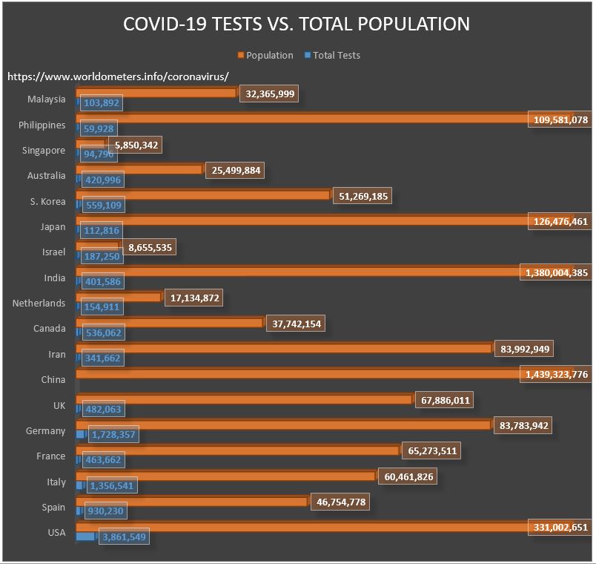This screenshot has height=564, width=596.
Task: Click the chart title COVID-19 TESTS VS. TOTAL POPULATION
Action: (x=297, y=24)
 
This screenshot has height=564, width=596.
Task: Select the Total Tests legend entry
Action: (x=337, y=55)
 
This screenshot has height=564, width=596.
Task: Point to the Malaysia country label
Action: (x=46, y=99)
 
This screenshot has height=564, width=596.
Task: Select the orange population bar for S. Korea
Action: (x=203, y=194)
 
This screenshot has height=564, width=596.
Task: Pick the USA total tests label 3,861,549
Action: (x=123, y=536)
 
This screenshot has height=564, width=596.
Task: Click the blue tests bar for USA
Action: (x=86, y=536)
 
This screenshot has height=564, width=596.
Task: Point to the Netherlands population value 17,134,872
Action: (x=191, y=298)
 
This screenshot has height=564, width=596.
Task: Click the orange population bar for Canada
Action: (x=170, y=323)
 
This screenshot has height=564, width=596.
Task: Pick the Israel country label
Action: (x=53, y=252)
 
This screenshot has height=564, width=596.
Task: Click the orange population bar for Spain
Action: (x=192, y=502)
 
